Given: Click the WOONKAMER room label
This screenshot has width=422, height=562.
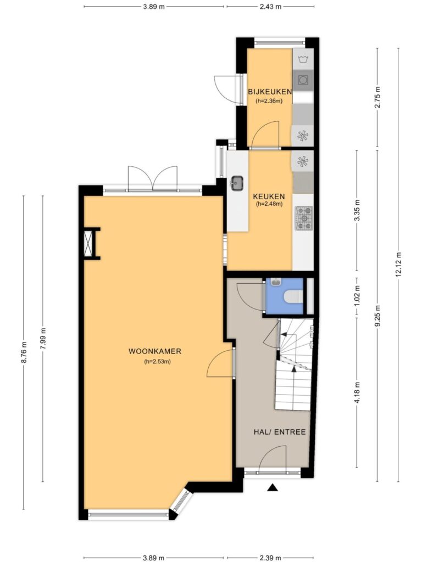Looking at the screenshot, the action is coord(155,351).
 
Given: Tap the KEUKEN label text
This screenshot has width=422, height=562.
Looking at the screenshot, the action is coord(269,196).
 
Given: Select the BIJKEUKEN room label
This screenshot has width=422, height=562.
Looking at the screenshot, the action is coord(269,92).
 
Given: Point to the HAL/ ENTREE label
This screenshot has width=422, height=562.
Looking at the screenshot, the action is coord(280,432).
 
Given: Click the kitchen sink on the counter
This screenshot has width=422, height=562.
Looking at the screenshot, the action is coord(237,183).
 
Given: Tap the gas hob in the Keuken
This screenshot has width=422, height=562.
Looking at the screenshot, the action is coord(303,218).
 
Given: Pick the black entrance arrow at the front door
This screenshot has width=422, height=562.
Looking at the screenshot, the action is coord(273,487).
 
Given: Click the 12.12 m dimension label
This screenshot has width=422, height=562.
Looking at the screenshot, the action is coord(398,264).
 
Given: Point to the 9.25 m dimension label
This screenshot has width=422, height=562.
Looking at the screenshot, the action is coord(377,315).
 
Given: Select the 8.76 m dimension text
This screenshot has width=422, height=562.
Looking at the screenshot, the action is coord(24,353).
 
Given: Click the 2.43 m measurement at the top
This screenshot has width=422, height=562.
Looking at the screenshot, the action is coord(270,7).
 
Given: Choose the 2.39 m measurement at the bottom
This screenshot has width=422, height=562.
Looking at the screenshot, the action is coord(270,558).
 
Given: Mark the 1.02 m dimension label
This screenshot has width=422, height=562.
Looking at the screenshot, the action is coord(357,295).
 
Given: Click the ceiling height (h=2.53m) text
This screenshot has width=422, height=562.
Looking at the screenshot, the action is coord(157,362).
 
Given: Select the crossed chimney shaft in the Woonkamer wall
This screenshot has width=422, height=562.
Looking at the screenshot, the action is coord(88,243).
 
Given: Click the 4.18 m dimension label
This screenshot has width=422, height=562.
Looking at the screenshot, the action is coord(357,392).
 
